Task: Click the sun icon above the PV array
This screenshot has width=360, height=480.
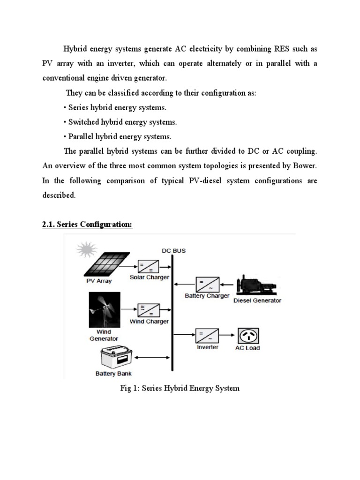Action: tap(86, 249)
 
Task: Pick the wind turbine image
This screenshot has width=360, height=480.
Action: tap(104, 310)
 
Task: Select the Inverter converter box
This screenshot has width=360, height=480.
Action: tap(206, 336)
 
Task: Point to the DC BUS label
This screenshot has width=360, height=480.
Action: tap(173, 251)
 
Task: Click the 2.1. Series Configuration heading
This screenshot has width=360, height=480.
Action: tap(88, 225)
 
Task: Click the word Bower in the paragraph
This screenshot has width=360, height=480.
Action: tap(305, 166)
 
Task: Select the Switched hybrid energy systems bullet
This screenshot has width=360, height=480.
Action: tap(120, 122)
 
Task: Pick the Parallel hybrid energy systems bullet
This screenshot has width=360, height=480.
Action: tap(118, 137)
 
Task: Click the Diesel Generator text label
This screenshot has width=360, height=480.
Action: tap(257, 300)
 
